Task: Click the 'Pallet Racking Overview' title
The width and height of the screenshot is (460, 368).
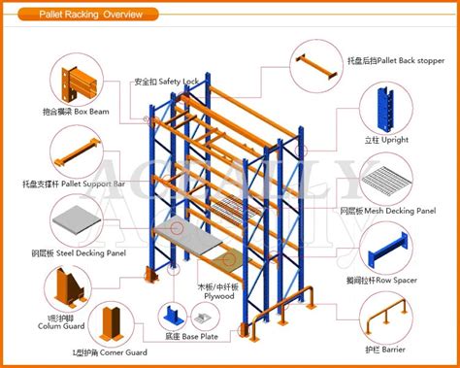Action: point(90,15)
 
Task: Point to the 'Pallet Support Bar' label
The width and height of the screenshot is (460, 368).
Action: point(74,182)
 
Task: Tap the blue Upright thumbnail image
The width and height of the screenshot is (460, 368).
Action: point(383,107)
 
